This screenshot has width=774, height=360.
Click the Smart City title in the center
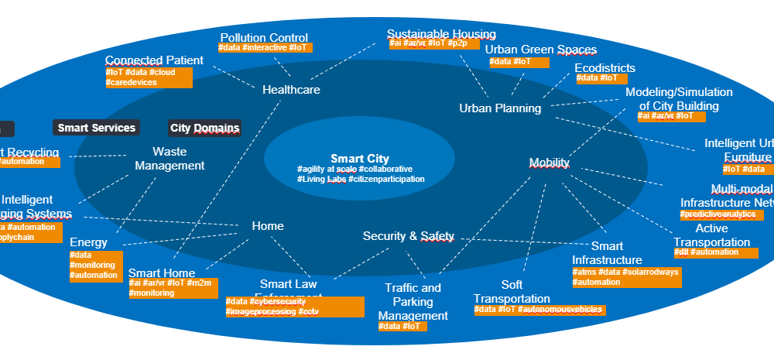[x=359, y=159]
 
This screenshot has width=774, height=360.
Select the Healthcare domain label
[x=291, y=90]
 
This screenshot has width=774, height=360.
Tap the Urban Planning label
[x=500, y=108]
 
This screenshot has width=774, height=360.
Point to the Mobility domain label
[x=549, y=163]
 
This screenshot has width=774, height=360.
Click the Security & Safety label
[x=408, y=236]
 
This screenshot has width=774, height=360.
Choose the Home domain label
[x=268, y=226]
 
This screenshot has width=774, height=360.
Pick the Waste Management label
[x=170, y=159]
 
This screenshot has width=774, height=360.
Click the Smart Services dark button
[x=97, y=128]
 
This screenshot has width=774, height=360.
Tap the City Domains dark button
[x=205, y=128]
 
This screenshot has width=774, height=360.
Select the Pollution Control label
[x=264, y=38]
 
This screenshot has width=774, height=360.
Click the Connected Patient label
[x=154, y=60]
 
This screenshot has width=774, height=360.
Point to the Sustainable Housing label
[x=441, y=34]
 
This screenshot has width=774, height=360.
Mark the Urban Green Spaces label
[x=541, y=50]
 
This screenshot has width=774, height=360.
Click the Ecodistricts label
[x=605, y=68]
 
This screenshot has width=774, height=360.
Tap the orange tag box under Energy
[x=96, y=266]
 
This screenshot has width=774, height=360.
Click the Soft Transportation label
[x=512, y=292]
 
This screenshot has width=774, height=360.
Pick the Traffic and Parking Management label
[x=413, y=302]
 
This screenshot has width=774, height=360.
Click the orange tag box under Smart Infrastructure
[x=626, y=277]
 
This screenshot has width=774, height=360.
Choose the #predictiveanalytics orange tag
[x=718, y=214]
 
